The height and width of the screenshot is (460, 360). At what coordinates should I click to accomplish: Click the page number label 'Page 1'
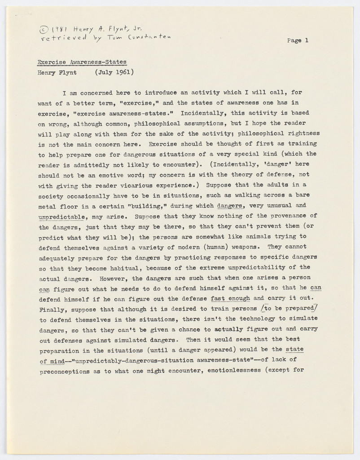(x=298, y=40)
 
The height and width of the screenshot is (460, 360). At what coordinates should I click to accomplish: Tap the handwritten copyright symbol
(x=44, y=30)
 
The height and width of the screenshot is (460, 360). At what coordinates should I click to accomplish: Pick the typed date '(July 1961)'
(x=114, y=72)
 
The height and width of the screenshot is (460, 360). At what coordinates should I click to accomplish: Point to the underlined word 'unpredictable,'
(x=62, y=217)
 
